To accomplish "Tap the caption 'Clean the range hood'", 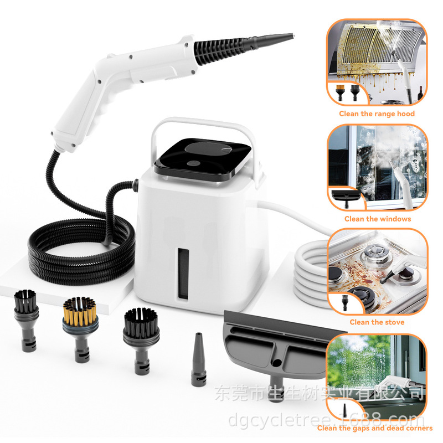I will (377, 114).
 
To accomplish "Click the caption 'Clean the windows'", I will (378, 219).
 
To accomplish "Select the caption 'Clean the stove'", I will (377, 322).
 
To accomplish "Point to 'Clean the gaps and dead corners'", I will (375, 428).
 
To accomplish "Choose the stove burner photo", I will (377, 271).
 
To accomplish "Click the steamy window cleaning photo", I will (377, 166).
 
